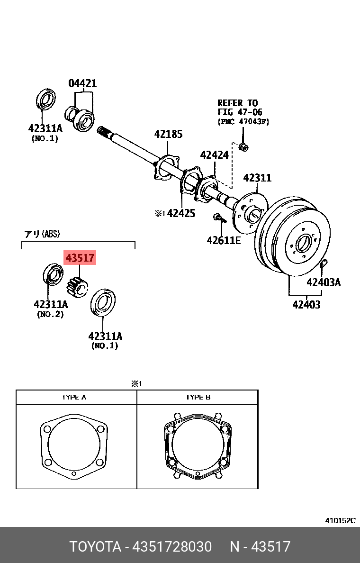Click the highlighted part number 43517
[x=80, y=258]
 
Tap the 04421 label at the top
[x=82, y=83]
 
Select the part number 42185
[x=168, y=134]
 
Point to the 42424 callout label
[x=214, y=155]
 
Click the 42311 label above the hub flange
[x=257, y=178]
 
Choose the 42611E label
[x=224, y=240]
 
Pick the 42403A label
[x=324, y=282]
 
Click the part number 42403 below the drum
[x=306, y=304]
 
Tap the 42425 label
[x=181, y=213]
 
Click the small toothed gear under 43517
[x=77, y=286]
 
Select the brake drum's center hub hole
[x=302, y=244]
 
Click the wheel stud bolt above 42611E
[x=218, y=218]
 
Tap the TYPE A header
[x=74, y=397]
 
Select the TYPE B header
[x=198, y=397]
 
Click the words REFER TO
[x=237, y=103]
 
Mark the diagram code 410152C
[x=340, y=520]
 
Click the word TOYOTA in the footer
[x=95, y=547]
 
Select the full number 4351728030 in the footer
[x=173, y=547]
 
